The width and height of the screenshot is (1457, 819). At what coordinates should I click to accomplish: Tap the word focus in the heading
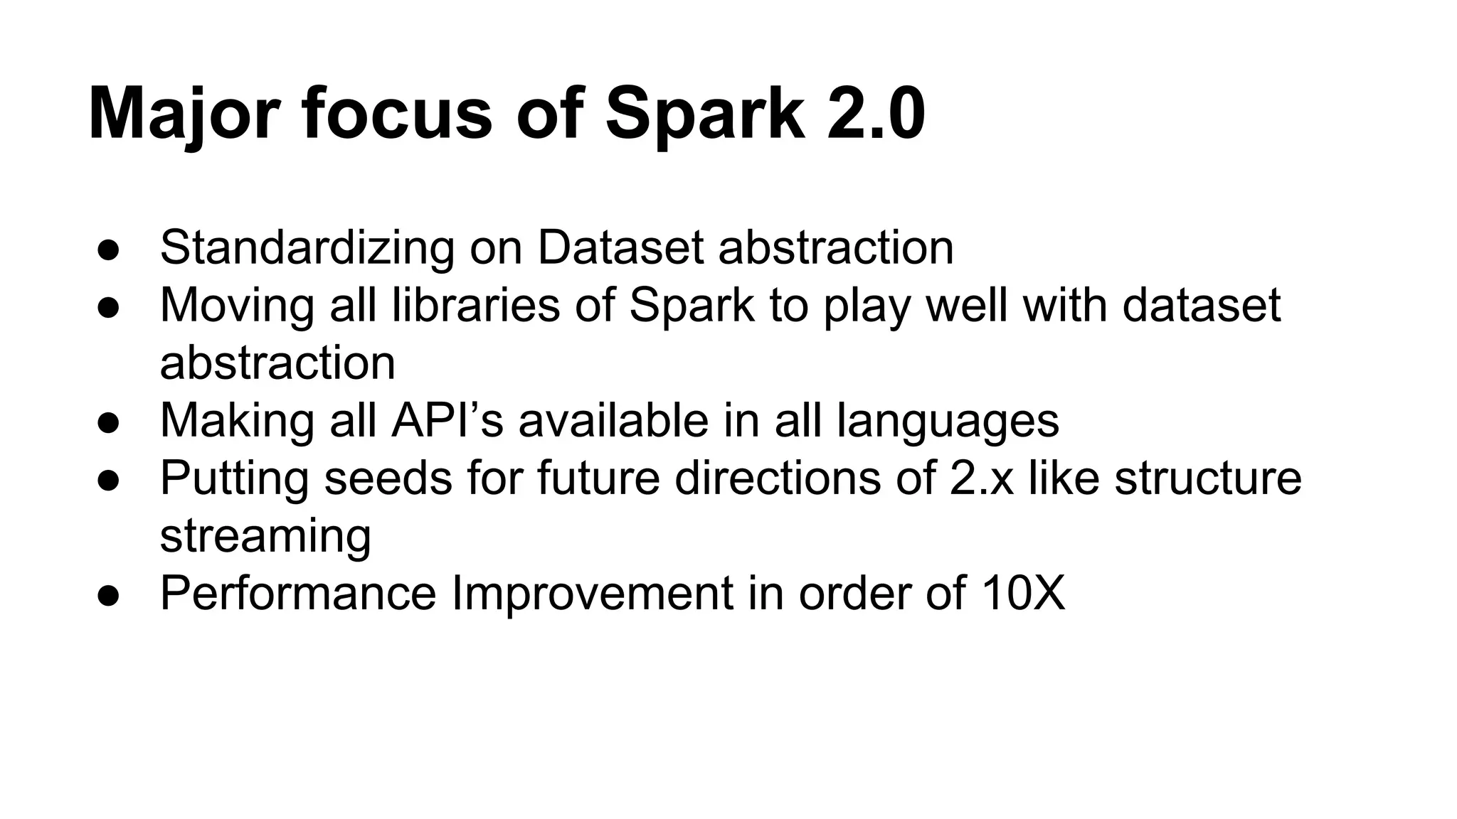(397, 114)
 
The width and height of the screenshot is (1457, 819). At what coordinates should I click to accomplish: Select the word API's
(447, 420)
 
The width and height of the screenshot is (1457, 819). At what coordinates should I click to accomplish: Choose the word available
(613, 420)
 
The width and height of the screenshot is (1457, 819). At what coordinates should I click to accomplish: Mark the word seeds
(388, 478)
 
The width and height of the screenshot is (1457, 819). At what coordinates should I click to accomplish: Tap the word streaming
(265, 537)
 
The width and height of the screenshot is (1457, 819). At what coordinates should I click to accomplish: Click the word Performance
(298, 593)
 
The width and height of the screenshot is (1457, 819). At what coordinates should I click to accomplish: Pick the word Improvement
(593, 593)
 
